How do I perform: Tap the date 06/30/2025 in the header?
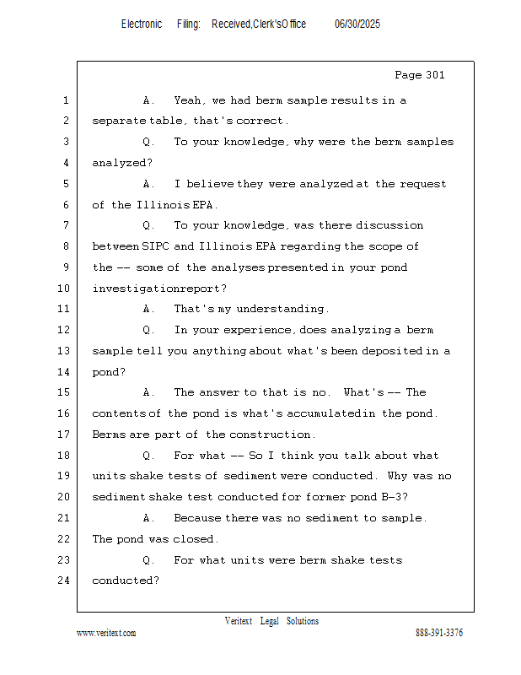(x=357, y=24)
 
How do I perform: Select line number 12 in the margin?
(x=65, y=330)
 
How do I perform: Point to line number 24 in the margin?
(x=65, y=580)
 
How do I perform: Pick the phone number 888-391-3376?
(x=439, y=634)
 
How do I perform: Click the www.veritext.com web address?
(x=106, y=634)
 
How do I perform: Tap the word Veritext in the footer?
(x=239, y=622)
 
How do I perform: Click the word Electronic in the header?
(x=142, y=24)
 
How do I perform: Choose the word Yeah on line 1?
(x=189, y=100)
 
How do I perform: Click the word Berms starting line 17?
(x=109, y=435)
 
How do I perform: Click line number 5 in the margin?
(x=65, y=184)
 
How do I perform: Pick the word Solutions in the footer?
(x=303, y=622)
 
